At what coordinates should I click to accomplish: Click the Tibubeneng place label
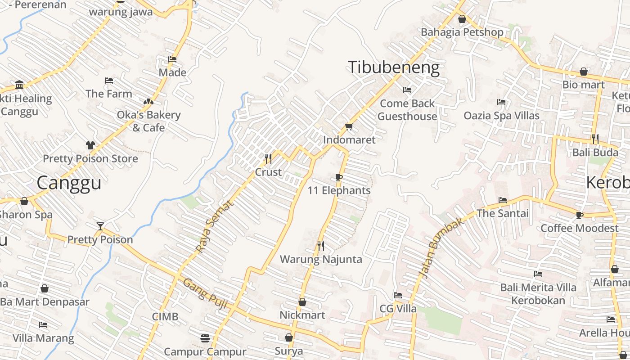coord(394,67)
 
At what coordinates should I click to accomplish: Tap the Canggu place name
coord(69,183)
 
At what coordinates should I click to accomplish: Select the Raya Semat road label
coord(215,226)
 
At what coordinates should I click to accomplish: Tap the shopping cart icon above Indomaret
coord(349,126)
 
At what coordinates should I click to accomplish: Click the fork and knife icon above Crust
coord(268,158)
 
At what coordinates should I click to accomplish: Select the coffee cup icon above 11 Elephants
coord(339,177)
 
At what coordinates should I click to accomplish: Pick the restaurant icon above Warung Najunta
coord(321,246)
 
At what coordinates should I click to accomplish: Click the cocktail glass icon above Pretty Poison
coord(100,226)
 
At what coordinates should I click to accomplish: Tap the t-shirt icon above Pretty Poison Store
coord(90,145)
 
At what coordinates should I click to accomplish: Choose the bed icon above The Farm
coord(109,81)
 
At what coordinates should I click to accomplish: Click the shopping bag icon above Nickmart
coord(302,301)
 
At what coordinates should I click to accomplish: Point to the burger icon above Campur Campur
coord(205,338)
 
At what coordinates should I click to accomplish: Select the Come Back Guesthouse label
coord(407,110)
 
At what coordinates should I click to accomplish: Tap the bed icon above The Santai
coord(503,200)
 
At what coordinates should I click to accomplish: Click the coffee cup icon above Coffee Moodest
coord(580,215)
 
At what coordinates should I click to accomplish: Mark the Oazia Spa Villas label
coord(501,116)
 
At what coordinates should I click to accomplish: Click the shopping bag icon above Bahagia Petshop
coord(462,19)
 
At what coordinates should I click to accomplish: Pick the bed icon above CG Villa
coord(398,295)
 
